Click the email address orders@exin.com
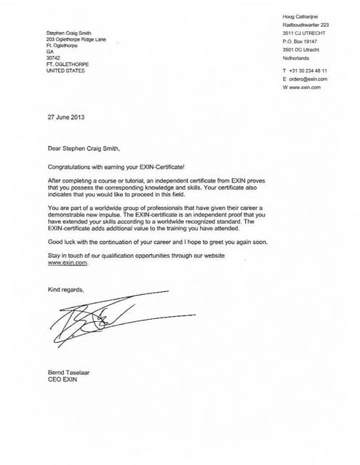tap(308, 78)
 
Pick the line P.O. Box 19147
tap(300, 43)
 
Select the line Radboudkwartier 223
tap(305, 25)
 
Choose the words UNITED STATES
tap(65, 71)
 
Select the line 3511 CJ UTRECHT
tap(305, 34)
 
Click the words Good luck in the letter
tap(61, 240)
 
